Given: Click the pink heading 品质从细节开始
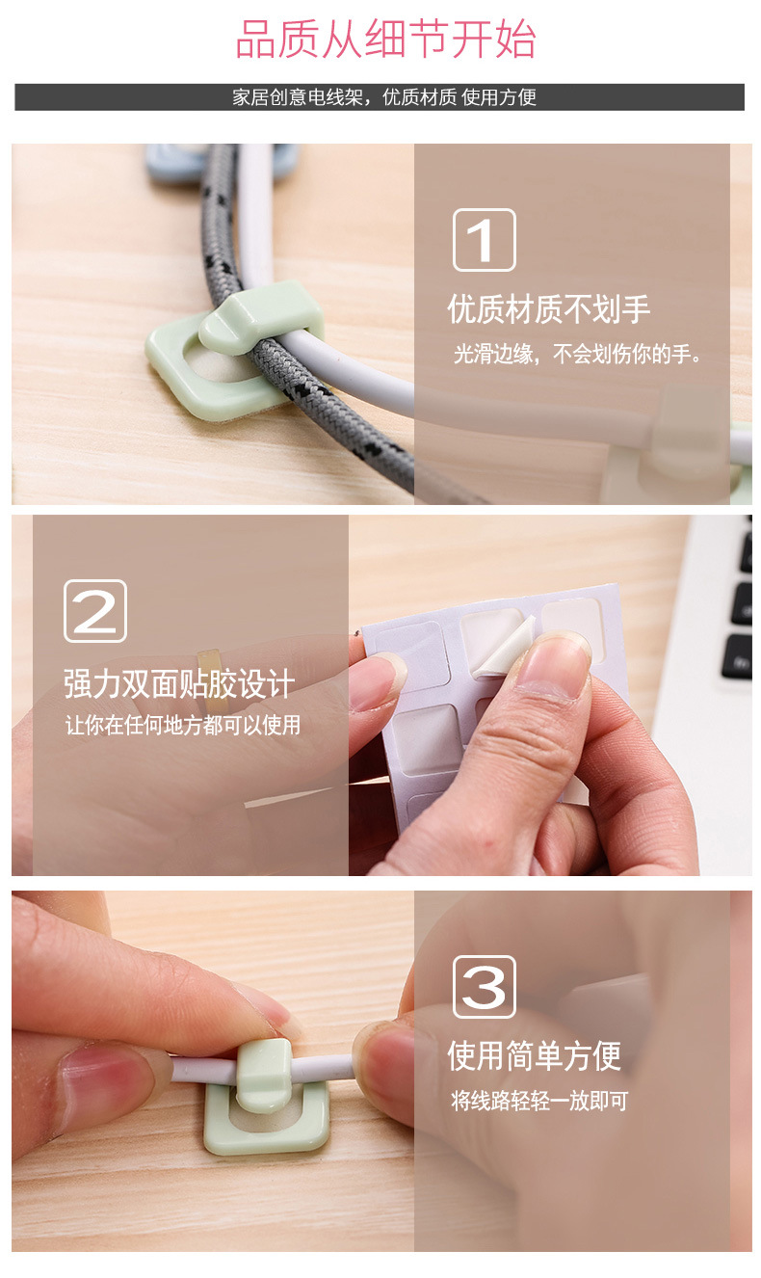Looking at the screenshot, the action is point(385,39).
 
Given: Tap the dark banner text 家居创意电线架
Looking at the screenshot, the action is point(298,97).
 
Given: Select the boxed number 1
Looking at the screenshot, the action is point(484,240).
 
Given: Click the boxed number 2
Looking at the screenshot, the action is point(95,611).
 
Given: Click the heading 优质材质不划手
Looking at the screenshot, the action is point(548,309).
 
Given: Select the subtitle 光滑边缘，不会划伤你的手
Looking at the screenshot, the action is point(576,355).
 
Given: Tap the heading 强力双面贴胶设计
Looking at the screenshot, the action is point(179,683).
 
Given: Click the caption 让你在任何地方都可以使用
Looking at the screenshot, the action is point(182,725).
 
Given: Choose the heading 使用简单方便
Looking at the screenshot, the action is point(534,1055).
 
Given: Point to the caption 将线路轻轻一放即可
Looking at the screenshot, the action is point(539,1101).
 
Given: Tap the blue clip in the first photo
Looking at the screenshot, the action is point(171,164).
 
